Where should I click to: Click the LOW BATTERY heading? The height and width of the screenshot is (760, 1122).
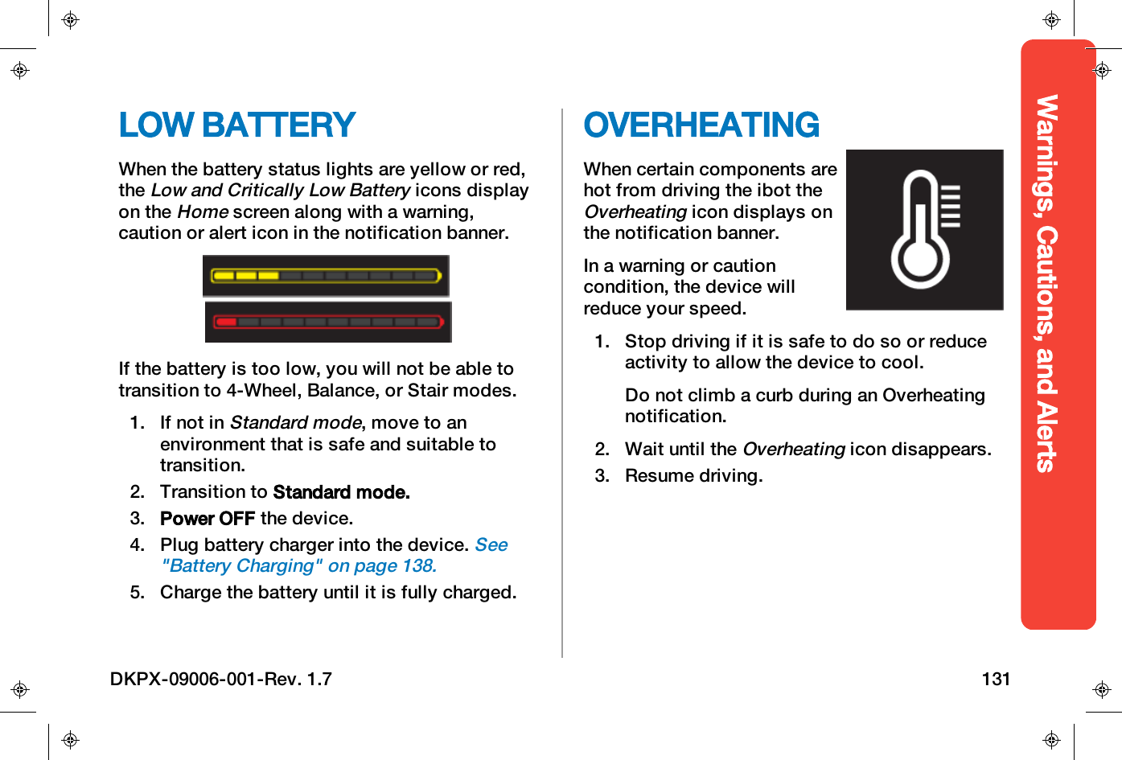pyautogui.click(x=236, y=125)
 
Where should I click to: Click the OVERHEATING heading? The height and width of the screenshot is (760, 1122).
pyautogui.click(x=701, y=125)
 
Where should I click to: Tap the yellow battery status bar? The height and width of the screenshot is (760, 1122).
pyautogui.click(x=326, y=276)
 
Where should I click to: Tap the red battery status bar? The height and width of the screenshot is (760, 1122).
pyautogui.click(x=327, y=322)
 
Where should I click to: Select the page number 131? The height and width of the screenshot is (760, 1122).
pyautogui.click(x=996, y=679)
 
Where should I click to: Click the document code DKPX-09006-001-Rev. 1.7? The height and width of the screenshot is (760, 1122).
pyautogui.click(x=221, y=679)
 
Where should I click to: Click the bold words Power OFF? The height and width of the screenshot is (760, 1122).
pyautogui.click(x=207, y=519)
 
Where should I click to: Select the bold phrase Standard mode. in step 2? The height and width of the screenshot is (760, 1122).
pyautogui.click(x=341, y=492)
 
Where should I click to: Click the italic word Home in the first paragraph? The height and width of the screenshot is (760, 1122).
pyautogui.click(x=203, y=212)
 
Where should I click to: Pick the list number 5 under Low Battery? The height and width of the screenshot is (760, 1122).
pyautogui.click(x=137, y=593)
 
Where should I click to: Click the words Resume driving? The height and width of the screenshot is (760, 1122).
pyautogui.click(x=693, y=476)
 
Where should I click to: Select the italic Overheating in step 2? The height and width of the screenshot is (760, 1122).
pyautogui.click(x=793, y=450)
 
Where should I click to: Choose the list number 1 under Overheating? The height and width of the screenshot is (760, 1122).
pyautogui.click(x=602, y=342)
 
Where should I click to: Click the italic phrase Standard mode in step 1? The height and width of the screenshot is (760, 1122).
pyautogui.click(x=295, y=423)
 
